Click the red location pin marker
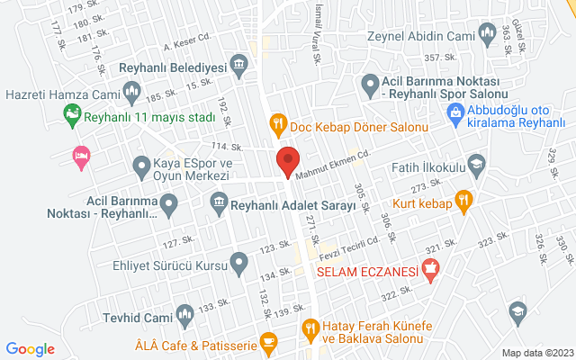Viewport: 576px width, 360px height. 287,160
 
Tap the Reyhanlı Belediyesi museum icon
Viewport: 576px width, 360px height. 238,63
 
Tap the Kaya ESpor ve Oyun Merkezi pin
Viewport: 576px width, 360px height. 141,166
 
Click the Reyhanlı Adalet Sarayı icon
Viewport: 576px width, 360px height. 219,206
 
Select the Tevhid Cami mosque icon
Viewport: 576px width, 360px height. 184,315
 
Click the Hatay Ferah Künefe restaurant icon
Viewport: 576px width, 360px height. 310,329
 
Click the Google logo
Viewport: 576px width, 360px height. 31,349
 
